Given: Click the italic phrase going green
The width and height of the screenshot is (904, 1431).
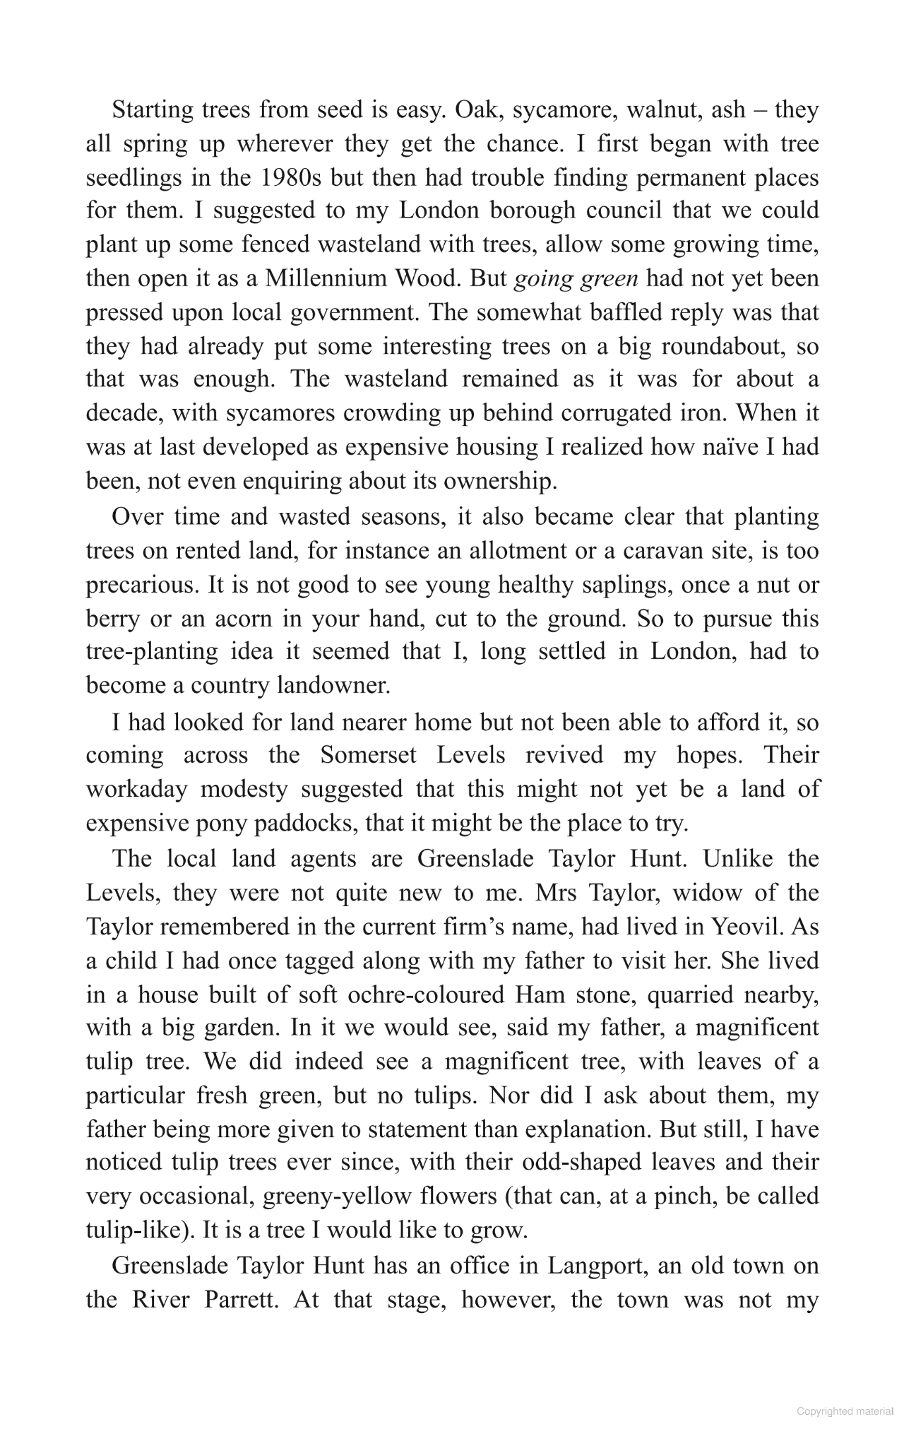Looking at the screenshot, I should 576,279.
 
